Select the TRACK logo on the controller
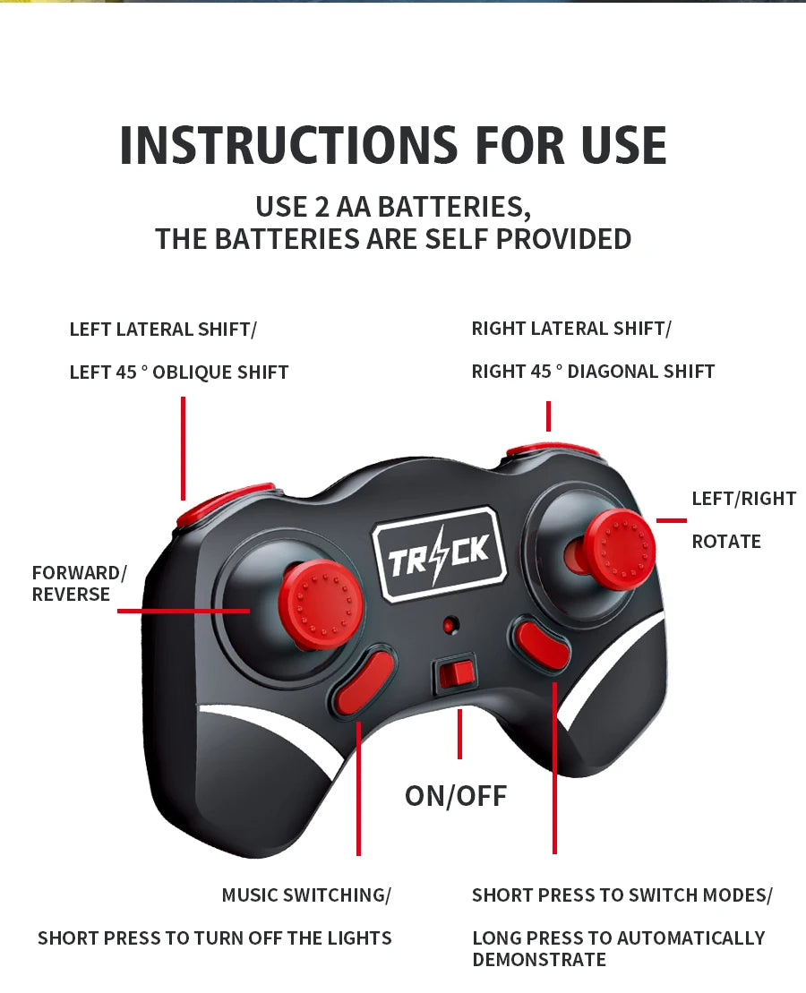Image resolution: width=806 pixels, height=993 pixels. pyautogui.click(x=439, y=552)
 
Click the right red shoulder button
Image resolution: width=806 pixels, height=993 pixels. pyautogui.click(x=551, y=449)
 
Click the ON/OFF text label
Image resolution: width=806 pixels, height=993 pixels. pyautogui.click(x=456, y=795)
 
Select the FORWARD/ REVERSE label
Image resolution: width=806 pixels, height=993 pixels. pyautogui.click(x=79, y=583)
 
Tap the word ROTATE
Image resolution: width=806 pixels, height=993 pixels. pyautogui.click(x=726, y=542)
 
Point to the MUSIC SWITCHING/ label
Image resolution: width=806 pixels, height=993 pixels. pyautogui.click(x=306, y=895)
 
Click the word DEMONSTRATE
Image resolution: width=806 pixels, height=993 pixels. pyautogui.click(x=539, y=960)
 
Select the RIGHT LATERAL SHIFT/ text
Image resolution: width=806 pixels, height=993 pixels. pyautogui.click(x=570, y=329)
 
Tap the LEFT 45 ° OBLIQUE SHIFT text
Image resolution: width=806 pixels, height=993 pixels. pyautogui.click(x=179, y=372)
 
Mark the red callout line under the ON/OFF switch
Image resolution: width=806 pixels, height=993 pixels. pyautogui.click(x=459, y=734)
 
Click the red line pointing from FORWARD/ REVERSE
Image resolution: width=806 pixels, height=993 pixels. pyautogui.click(x=183, y=611)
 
